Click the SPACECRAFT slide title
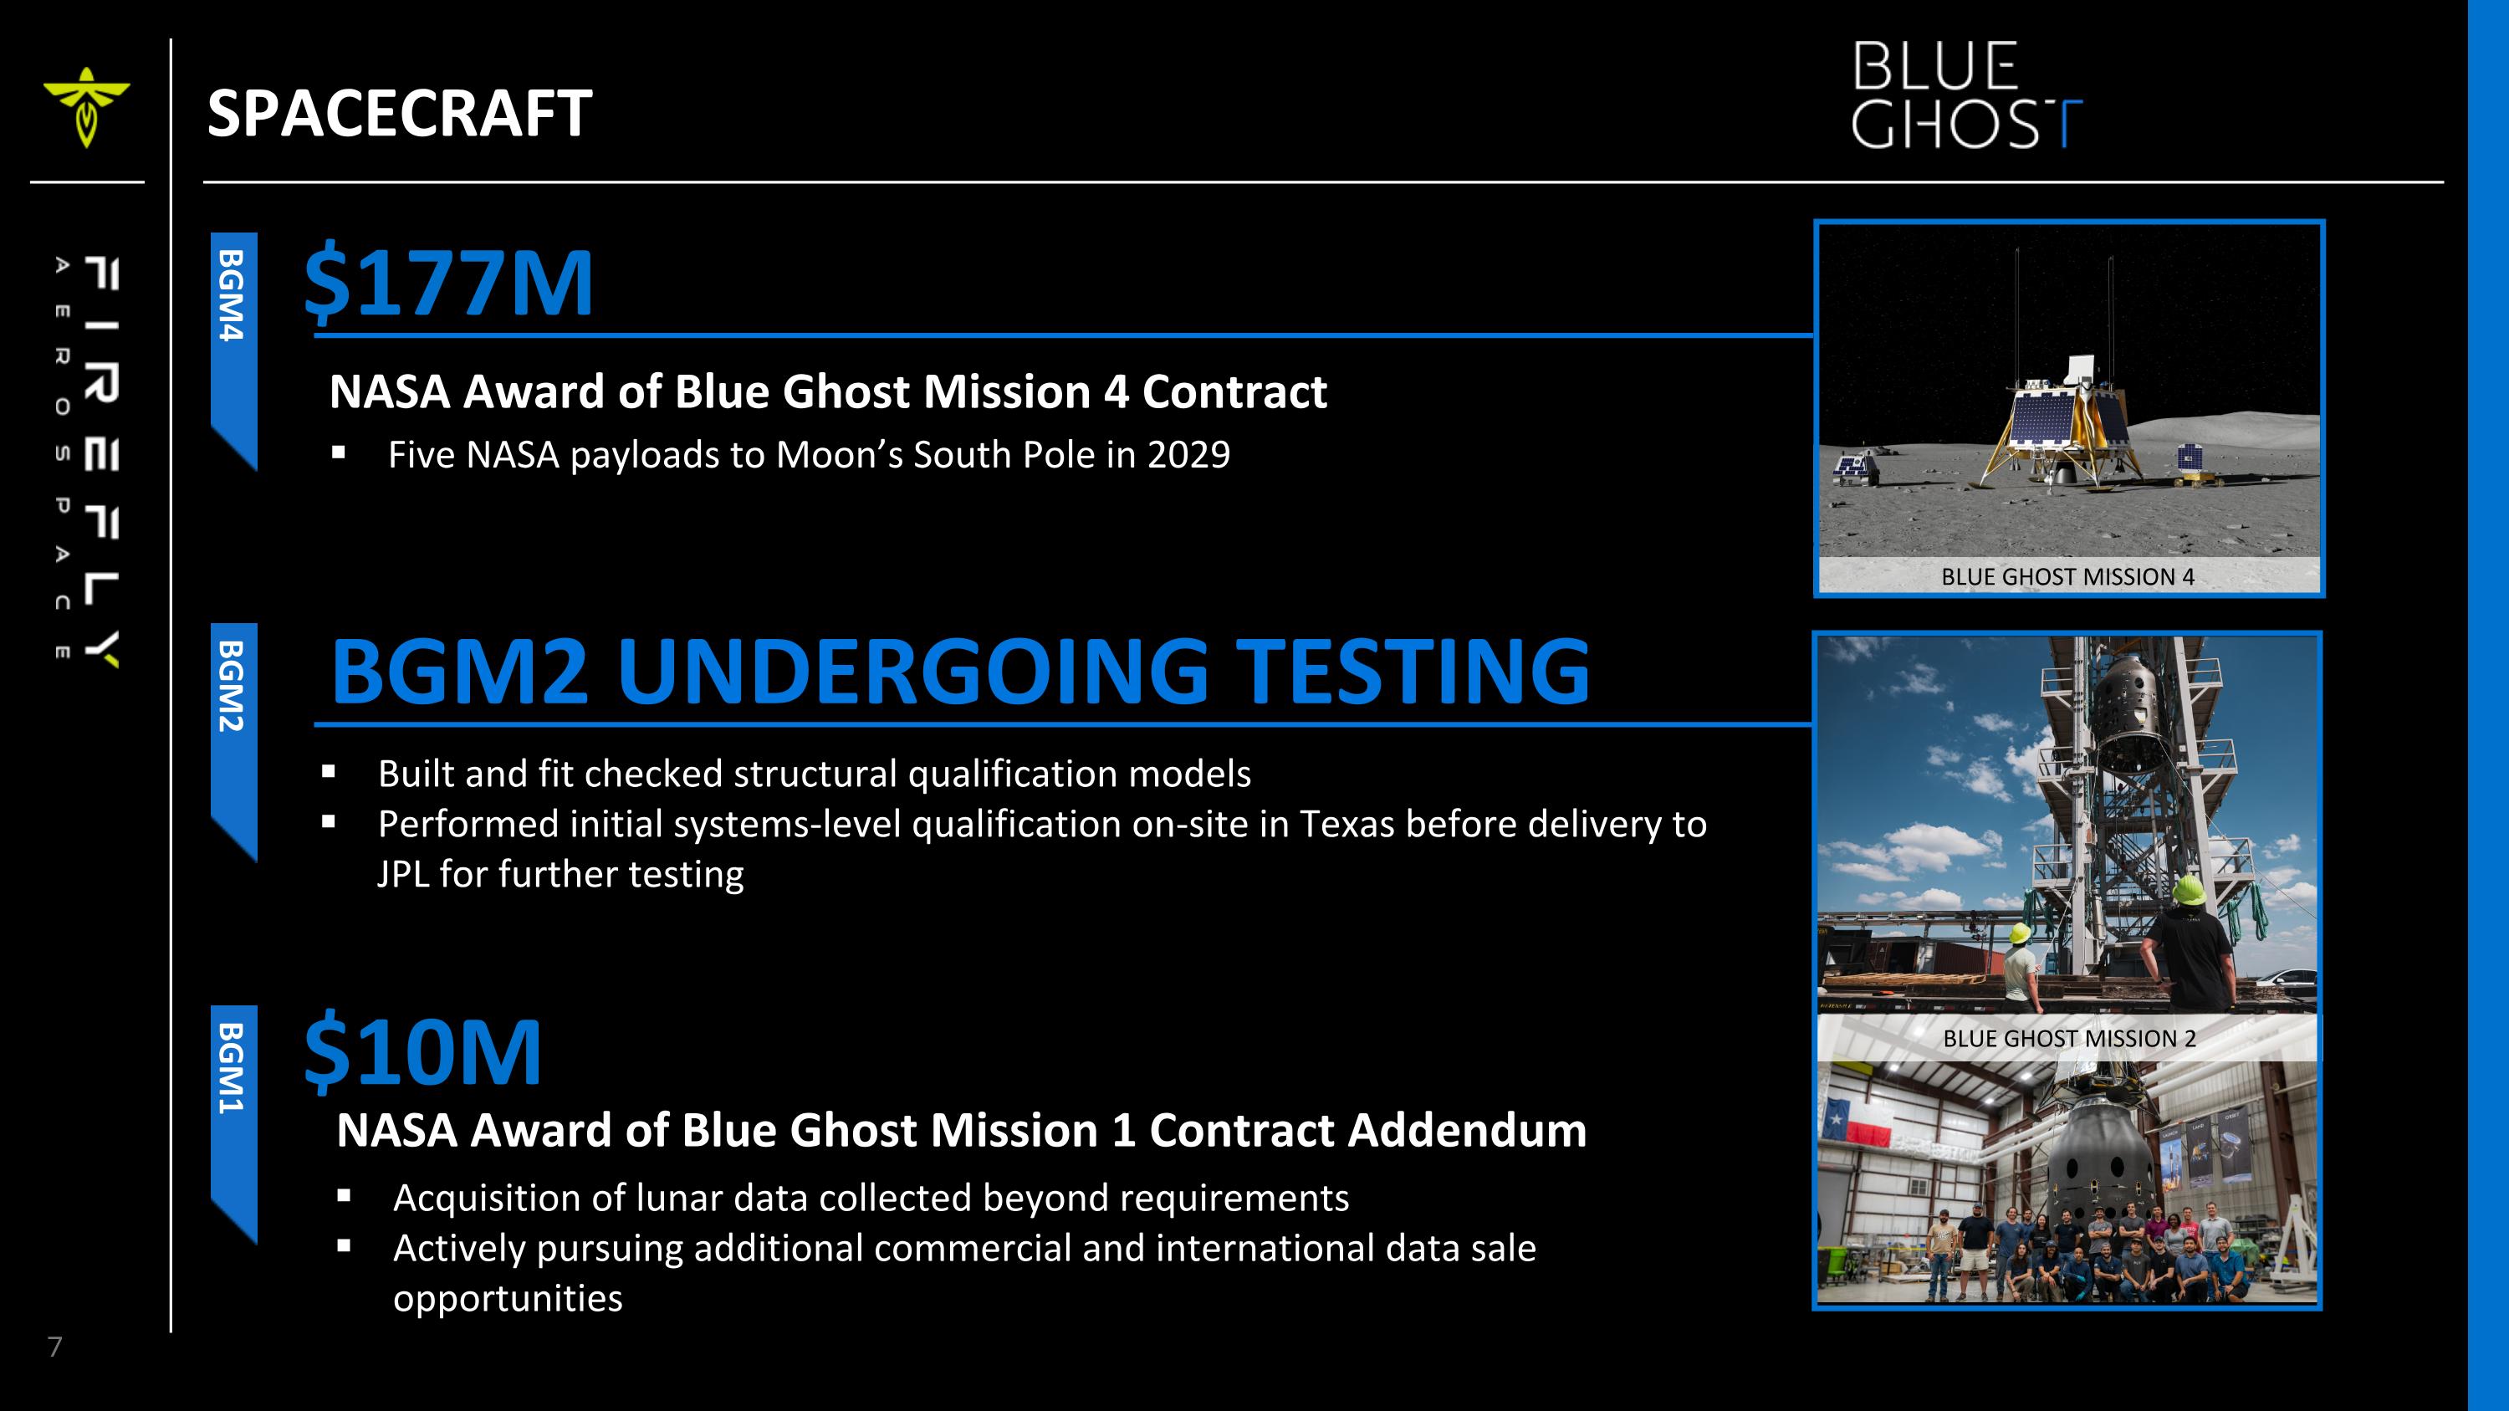(x=399, y=114)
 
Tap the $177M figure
(x=448, y=284)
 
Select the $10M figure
(x=422, y=1051)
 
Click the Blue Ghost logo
(x=1965, y=95)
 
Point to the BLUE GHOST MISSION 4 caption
(x=2067, y=577)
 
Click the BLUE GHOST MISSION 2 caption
(x=2069, y=1039)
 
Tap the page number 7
(x=55, y=1347)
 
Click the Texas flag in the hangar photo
(x=1850, y=1126)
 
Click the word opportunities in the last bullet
(x=508, y=1299)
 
